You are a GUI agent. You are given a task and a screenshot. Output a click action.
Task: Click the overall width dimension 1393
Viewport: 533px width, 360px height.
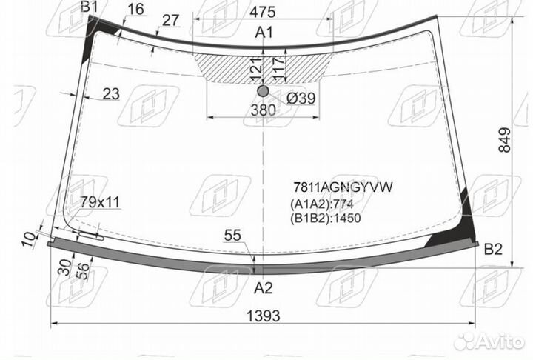(263, 316)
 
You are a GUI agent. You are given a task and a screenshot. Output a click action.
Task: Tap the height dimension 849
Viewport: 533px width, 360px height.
(504, 140)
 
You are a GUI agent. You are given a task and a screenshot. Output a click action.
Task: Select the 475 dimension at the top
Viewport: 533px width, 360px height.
(262, 13)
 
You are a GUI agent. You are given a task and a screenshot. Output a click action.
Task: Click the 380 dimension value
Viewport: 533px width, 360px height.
(263, 110)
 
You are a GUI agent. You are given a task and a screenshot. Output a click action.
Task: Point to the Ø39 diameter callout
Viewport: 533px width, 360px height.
(301, 99)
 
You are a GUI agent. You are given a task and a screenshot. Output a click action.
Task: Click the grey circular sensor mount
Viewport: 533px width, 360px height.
(263, 91)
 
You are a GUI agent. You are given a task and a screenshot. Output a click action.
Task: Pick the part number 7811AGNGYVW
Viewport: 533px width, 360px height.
(343, 187)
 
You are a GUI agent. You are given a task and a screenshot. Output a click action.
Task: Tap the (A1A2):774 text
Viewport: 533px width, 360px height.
(321, 204)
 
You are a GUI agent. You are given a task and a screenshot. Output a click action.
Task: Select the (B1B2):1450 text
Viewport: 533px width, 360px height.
(325, 218)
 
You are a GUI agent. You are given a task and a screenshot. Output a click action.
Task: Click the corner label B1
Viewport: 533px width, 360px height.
(89, 7)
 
